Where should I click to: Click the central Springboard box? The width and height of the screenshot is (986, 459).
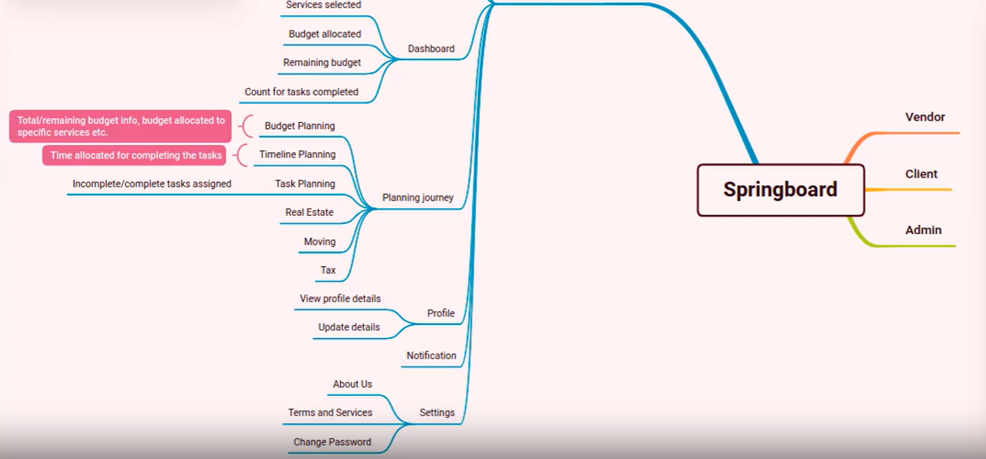780,190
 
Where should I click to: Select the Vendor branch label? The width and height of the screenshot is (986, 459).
925,117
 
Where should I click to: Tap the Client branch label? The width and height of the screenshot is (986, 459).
921,174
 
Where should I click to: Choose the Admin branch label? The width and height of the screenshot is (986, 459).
923,230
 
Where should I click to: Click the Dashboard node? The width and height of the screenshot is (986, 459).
431,49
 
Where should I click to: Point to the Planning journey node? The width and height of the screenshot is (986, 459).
418,198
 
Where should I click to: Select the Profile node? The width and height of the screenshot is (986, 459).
440,314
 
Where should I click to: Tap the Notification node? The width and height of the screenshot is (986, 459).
431,356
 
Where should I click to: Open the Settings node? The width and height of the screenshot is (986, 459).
437,413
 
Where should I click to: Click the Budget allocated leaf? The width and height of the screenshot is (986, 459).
325,34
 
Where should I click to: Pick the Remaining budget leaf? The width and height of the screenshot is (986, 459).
322,63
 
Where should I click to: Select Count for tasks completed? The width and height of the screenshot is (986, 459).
302,92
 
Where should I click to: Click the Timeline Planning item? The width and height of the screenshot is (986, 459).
297,155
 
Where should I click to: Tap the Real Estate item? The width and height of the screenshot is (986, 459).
309,213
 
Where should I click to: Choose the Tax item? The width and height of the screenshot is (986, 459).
328,270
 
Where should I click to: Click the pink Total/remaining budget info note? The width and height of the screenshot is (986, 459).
120,126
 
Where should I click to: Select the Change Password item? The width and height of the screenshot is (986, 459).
332,442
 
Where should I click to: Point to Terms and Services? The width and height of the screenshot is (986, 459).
330,413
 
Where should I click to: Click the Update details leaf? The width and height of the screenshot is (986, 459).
349,328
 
